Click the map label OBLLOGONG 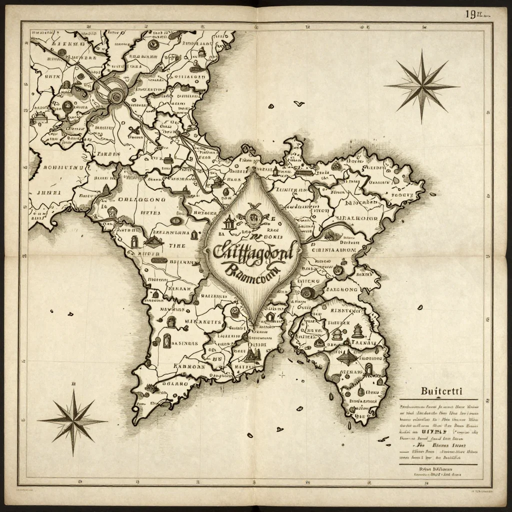[140, 199]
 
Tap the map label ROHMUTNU [62, 168]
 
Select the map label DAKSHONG [342, 289]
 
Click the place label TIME [176, 246]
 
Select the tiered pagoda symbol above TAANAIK [357, 330]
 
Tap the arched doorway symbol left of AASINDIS [167, 342]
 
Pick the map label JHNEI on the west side [49, 192]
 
